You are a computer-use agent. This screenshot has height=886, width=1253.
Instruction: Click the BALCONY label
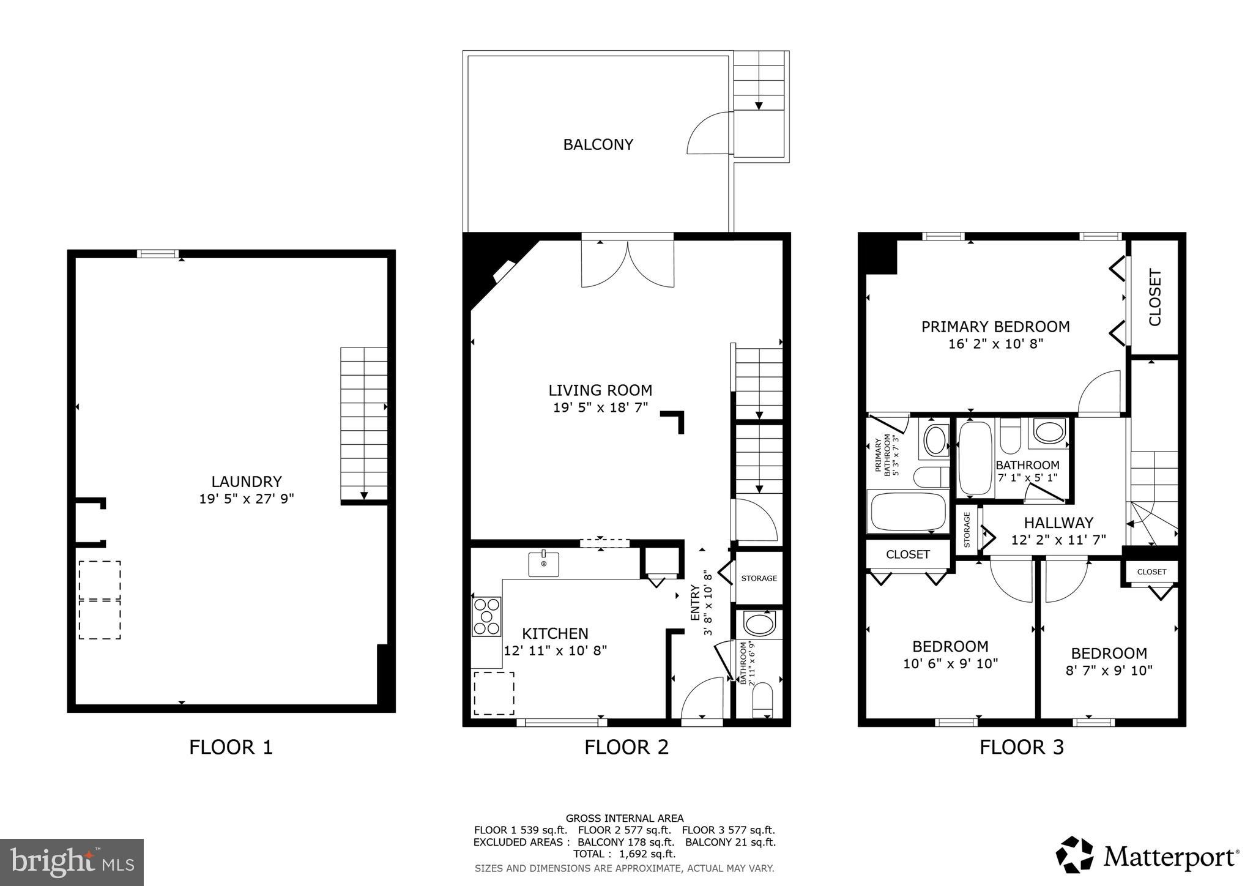pyautogui.click(x=598, y=144)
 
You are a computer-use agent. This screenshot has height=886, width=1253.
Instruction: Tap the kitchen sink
pyautogui.click(x=543, y=564)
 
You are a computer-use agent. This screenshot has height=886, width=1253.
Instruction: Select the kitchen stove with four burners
pyautogui.click(x=487, y=616)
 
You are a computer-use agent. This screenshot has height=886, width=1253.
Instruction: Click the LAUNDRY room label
pyautogui.click(x=246, y=482)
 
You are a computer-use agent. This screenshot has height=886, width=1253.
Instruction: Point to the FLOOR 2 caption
pyautogui.click(x=626, y=747)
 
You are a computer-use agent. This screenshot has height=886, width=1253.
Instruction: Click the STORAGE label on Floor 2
pyautogui.click(x=759, y=578)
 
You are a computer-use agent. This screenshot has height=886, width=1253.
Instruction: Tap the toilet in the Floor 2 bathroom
pyautogui.click(x=762, y=700)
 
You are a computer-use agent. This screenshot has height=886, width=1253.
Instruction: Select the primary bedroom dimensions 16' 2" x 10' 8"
pyautogui.click(x=995, y=344)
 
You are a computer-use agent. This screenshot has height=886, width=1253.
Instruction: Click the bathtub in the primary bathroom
pyautogui.click(x=908, y=512)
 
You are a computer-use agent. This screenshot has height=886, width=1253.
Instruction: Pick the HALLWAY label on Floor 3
pyautogui.click(x=1058, y=523)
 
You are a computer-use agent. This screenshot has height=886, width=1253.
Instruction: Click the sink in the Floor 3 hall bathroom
pyautogui.click(x=1050, y=431)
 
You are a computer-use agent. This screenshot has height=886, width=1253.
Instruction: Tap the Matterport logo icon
pyautogui.click(x=1075, y=855)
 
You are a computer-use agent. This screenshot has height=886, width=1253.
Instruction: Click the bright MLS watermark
pyautogui.click(x=72, y=862)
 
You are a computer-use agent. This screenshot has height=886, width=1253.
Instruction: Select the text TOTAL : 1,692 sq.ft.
pyautogui.click(x=624, y=854)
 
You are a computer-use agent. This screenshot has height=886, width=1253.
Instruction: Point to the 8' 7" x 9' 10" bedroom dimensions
pyautogui.click(x=1109, y=670)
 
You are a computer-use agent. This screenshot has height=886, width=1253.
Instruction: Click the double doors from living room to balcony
pyautogui.click(x=628, y=263)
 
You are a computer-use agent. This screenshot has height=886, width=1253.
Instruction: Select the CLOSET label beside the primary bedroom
pyautogui.click(x=1154, y=297)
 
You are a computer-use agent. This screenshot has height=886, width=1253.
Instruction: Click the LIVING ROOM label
pyautogui.click(x=600, y=390)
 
